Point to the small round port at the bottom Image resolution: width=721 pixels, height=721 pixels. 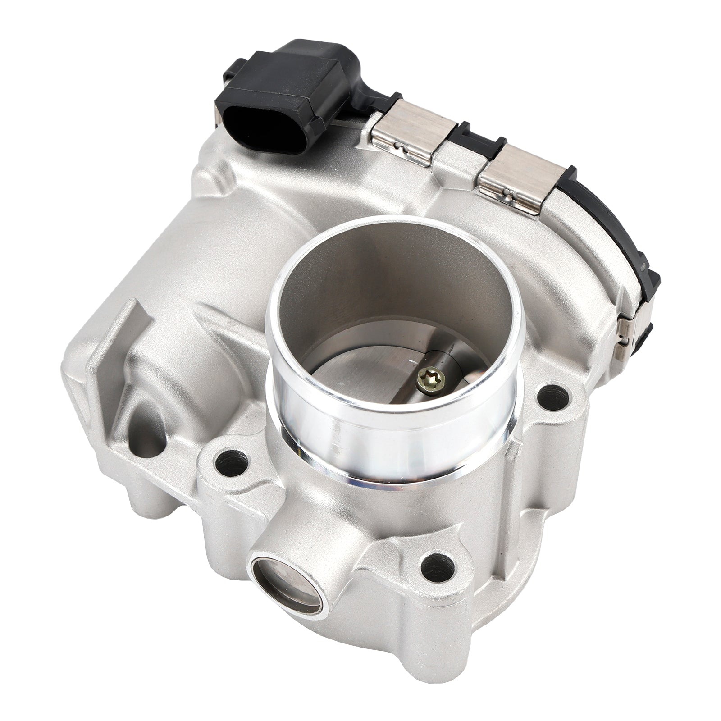coord(287,580)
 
